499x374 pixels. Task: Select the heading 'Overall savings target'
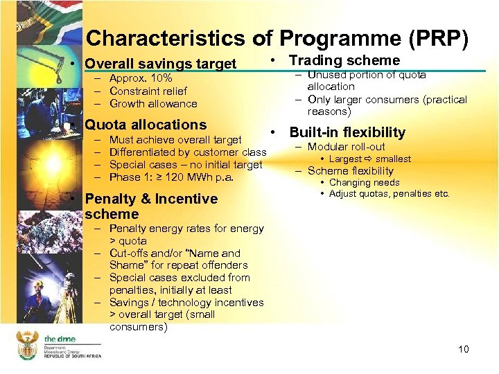coord(160,64)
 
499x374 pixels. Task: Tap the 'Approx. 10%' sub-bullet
coord(141,78)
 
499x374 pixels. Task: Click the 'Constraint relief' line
coord(148,91)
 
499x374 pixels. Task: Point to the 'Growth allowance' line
coord(153,103)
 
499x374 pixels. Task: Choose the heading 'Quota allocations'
coord(146,125)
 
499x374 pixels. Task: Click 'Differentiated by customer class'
coord(188,152)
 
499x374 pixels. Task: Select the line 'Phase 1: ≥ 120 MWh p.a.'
coord(172,177)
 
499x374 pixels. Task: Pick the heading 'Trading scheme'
coord(344,60)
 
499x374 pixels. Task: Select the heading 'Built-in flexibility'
coord(347,132)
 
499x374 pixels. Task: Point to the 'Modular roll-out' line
coord(346,147)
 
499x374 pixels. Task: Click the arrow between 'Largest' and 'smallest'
coord(369,159)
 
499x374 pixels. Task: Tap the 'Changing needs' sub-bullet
coord(364,183)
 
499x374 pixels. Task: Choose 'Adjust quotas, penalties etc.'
coord(389,194)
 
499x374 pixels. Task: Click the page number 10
coord(463,349)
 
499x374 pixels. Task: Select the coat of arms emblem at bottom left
coord(27,344)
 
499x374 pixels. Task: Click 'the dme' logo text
coord(60,339)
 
